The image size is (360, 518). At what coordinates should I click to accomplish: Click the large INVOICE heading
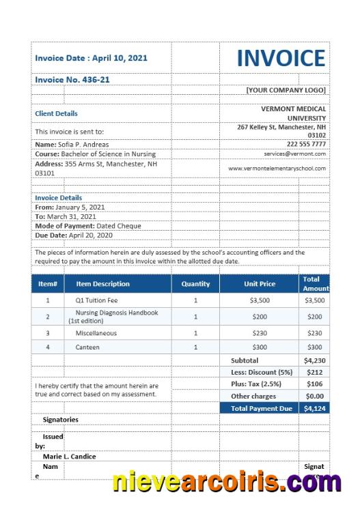pos(281,59)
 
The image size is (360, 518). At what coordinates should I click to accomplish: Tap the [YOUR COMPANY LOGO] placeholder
pos(286,90)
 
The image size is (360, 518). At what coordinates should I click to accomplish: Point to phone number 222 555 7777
pos(306,144)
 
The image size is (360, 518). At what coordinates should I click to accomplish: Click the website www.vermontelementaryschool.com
pos(277,168)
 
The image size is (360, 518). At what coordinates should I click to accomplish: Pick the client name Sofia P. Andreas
pos(72,145)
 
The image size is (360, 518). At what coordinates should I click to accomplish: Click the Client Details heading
pos(56,113)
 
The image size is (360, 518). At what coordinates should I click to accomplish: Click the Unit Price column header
pos(260,284)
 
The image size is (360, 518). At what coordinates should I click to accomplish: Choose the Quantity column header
pos(195,284)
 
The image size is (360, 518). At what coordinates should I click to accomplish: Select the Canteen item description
pos(87,347)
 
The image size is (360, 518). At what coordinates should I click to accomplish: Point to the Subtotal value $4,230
pos(314,360)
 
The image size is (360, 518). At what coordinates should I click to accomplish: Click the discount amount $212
pos(314,373)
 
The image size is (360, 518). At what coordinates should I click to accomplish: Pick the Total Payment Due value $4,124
pos(314,409)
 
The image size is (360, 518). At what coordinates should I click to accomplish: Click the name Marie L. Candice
pos(69,457)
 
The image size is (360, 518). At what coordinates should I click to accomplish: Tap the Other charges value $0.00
pos(314,397)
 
